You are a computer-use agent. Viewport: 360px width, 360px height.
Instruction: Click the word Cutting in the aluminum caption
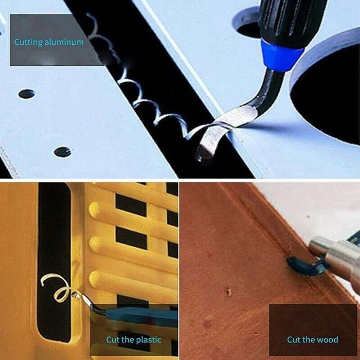pyautogui.click(x=28, y=42)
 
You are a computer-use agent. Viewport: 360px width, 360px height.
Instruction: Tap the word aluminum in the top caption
pyautogui.click(x=64, y=42)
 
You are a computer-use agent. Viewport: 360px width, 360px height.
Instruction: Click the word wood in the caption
pyautogui.click(x=328, y=339)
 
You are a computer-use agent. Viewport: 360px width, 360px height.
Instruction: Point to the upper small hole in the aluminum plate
pyautogui.click(x=27, y=94)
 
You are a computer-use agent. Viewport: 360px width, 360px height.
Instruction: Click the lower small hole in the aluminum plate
pyautogui.click(x=62, y=152)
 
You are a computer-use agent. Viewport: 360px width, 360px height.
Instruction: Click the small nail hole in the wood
pyautogui.click(x=229, y=292)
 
